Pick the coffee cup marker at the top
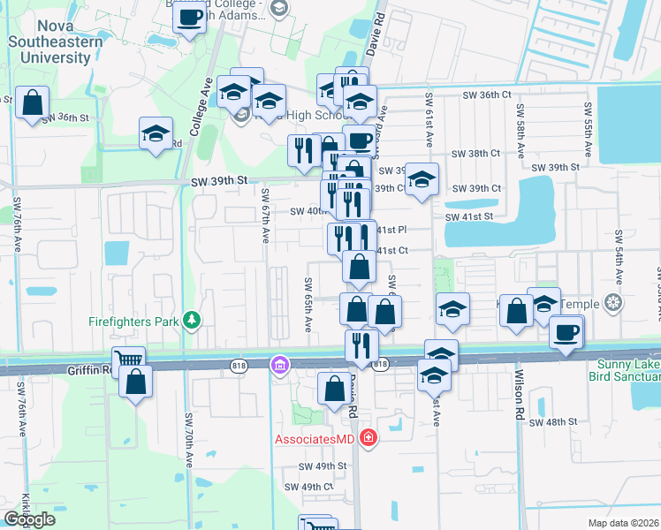click(190, 16)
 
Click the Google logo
click(29, 519)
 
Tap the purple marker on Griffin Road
click(279, 364)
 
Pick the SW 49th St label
click(321, 466)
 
